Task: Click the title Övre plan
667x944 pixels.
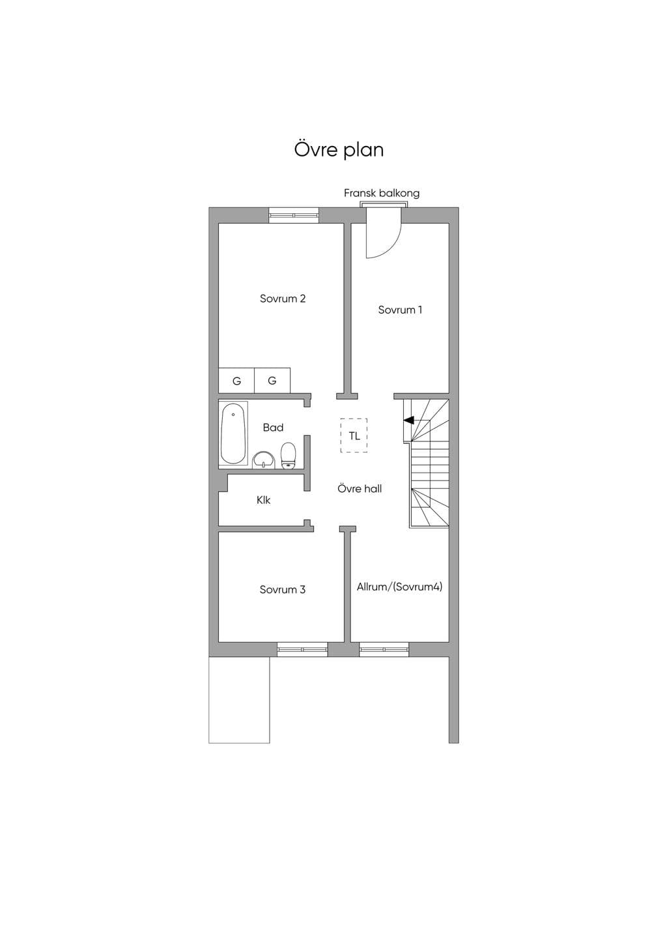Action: [x=339, y=150]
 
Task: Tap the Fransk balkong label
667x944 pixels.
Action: [x=382, y=193]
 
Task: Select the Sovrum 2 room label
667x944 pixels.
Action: [x=283, y=299]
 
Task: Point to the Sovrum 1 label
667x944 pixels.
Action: [x=399, y=310]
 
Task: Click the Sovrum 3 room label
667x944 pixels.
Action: [x=283, y=589]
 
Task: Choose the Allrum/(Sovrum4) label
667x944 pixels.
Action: [x=399, y=587]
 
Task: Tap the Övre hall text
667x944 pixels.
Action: [x=360, y=489]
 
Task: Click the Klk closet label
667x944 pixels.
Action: [x=264, y=500]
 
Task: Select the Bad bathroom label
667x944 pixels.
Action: [x=273, y=428]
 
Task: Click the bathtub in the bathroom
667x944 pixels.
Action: [x=233, y=434]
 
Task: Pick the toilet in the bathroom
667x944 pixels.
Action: [x=289, y=455]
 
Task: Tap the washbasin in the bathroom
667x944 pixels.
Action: [x=264, y=460]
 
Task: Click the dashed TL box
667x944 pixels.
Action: [x=354, y=435]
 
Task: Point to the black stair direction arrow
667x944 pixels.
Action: [x=408, y=420]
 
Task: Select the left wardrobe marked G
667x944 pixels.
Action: [x=236, y=381]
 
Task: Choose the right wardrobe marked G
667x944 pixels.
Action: [x=272, y=381]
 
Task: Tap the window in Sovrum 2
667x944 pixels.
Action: [x=294, y=215]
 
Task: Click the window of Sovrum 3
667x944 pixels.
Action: [x=302, y=649]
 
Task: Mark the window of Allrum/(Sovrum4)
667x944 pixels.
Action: [x=384, y=649]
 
